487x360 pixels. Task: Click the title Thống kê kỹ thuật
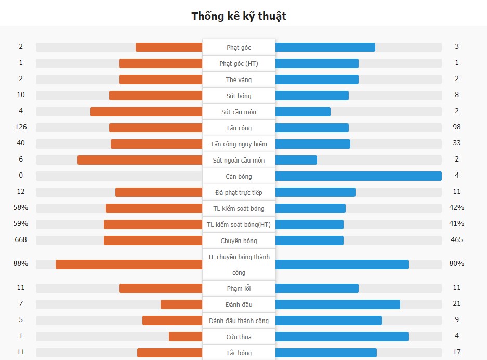click(x=239, y=16)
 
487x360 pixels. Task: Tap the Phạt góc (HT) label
click(x=239, y=63)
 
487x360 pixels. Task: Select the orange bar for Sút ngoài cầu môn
click(x=140, y=160)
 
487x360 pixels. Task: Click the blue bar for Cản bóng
click(x=358, y=176)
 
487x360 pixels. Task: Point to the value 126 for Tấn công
click(x=21, y=127)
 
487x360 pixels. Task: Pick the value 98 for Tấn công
click(x=457, y=127)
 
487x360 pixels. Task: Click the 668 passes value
click(x=21, y=240)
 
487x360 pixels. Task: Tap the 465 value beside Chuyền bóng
click(x=457, y=240)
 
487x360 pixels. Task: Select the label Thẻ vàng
click(x=239, y=79)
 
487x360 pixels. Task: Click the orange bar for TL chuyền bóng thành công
click(x=129, y=264)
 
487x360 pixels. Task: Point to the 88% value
click(x=21, y=264)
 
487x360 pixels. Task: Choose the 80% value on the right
click(x=457, y=264)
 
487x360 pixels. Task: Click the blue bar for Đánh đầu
click(x=337, y=304)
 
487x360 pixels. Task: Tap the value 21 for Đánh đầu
click(x=457, y=304)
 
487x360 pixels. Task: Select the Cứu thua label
click(x=239, y=337)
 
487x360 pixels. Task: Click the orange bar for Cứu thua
click(x=186, y=337)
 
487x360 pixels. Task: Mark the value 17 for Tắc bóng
click(x=457, y=352)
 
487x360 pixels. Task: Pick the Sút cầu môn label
click(x=239, y=112)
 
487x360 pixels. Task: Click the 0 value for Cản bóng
click(x=21, y=176)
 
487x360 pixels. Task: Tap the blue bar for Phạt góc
click(x=325, y=47)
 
